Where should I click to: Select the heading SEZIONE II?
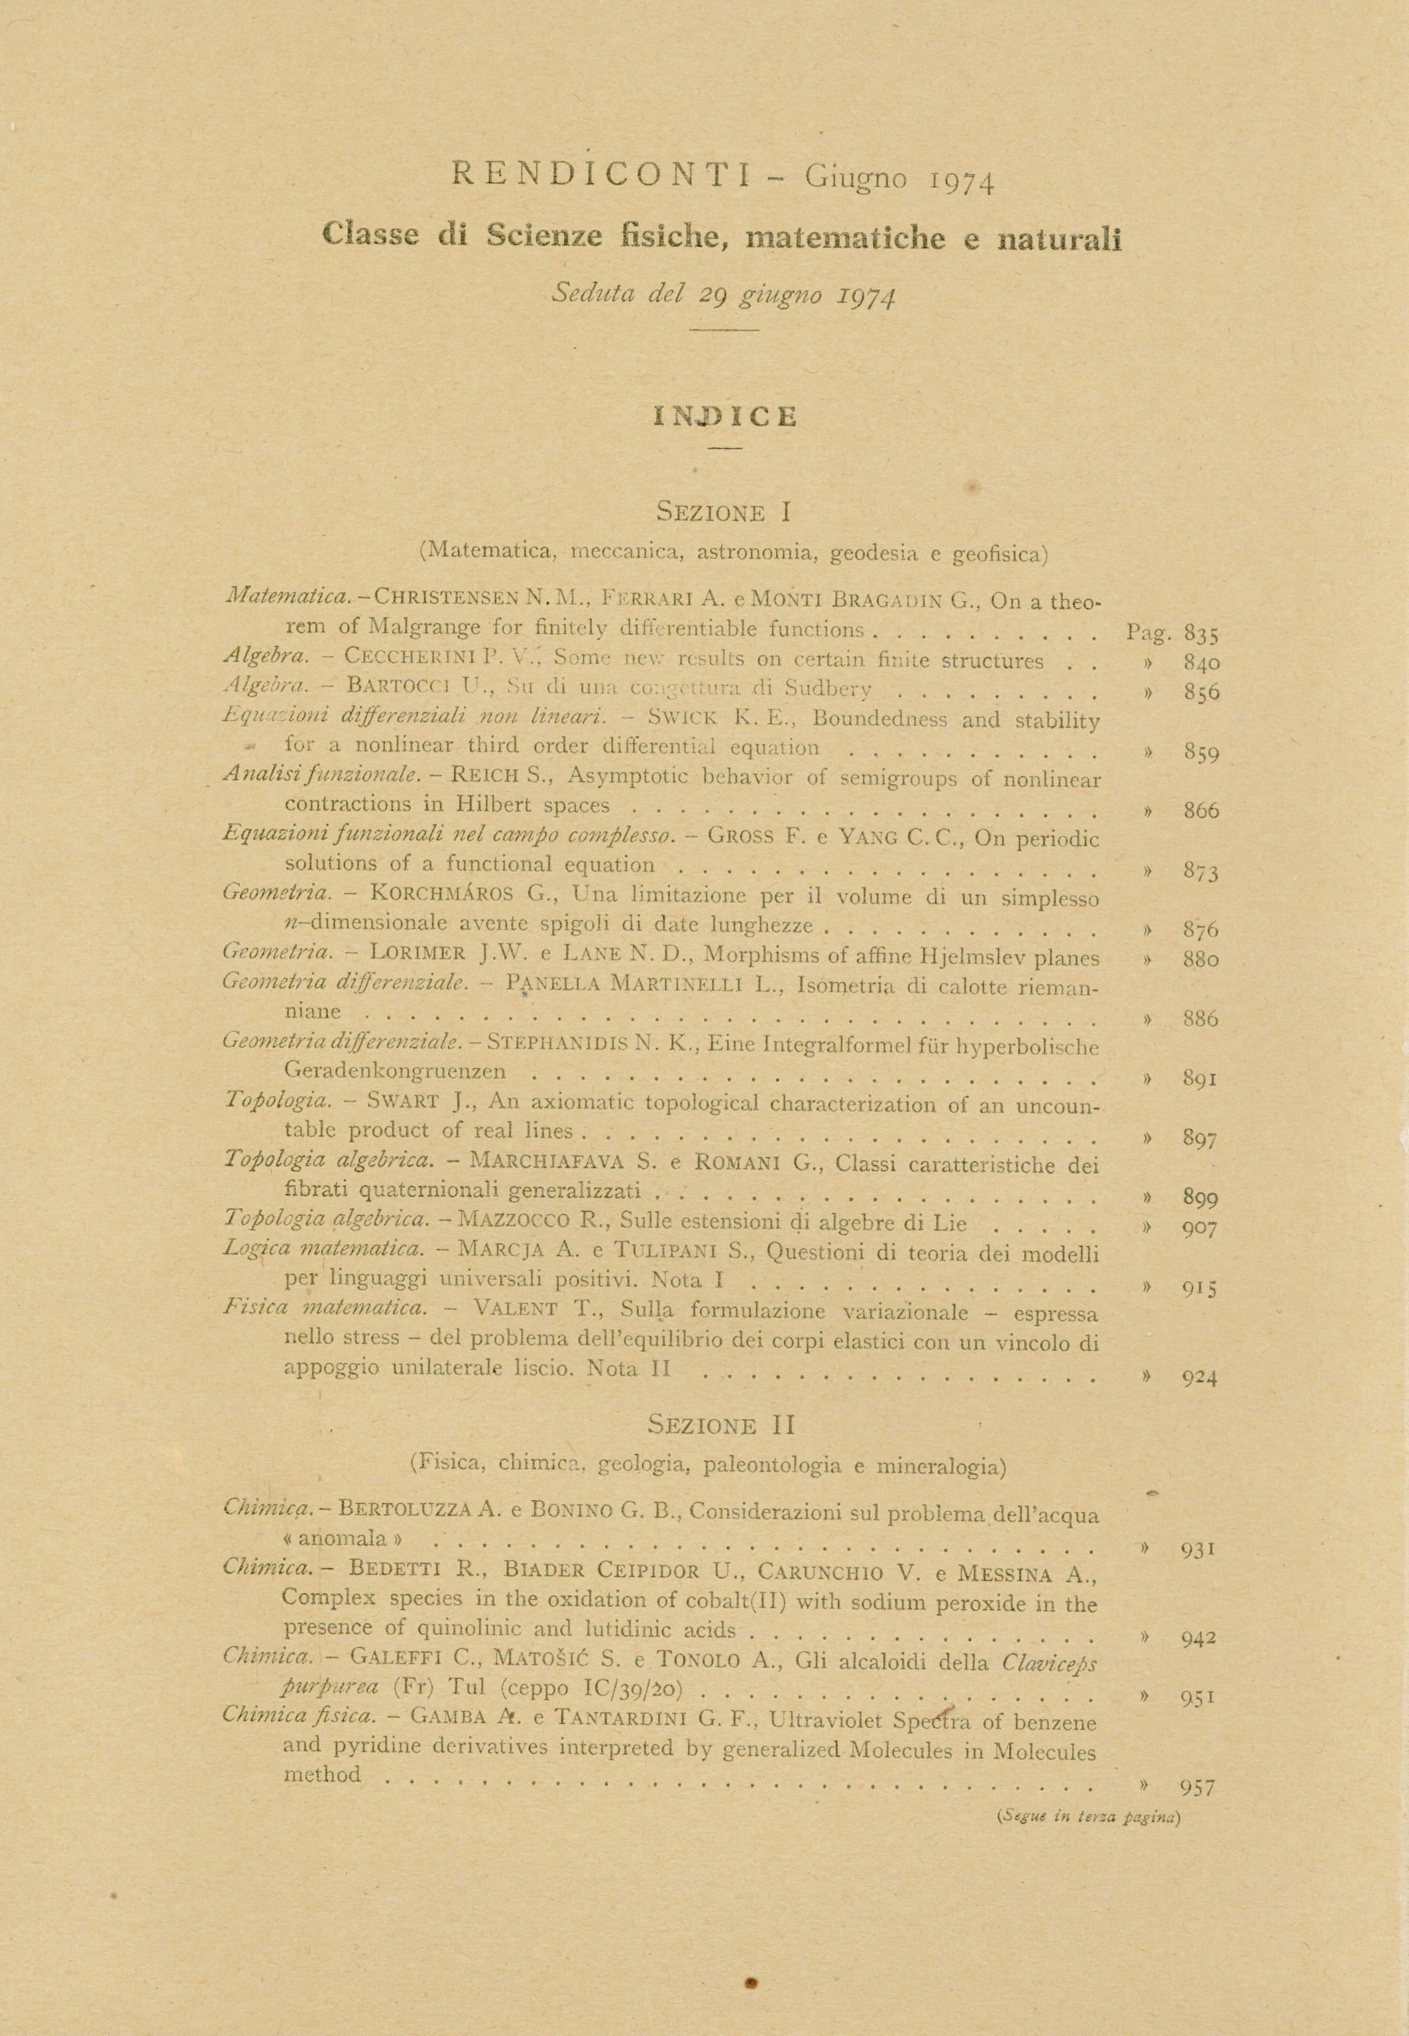(x=721, y=1425)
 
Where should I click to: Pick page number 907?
(x=1202, y=1227)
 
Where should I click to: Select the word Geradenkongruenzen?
(x=396, y=1072)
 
